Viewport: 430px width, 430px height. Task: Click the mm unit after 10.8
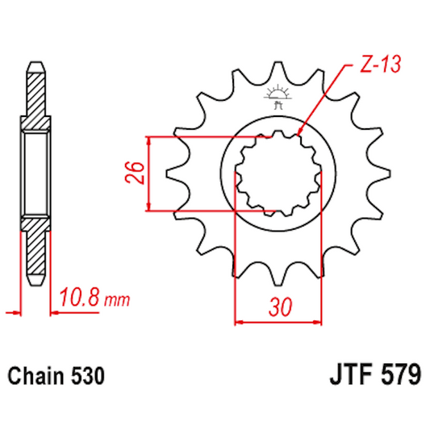(118, 302)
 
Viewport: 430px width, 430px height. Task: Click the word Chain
(34, 376)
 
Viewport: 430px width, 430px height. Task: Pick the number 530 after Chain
(86, 376)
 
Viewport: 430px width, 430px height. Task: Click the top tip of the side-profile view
(35, 62)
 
